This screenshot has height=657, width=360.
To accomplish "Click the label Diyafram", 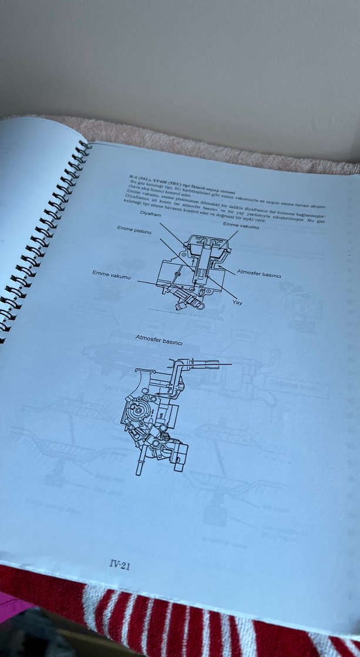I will (150, 213).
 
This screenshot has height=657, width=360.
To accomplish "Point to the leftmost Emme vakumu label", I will (112, 274).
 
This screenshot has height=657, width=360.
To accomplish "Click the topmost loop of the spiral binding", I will (83, 145).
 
